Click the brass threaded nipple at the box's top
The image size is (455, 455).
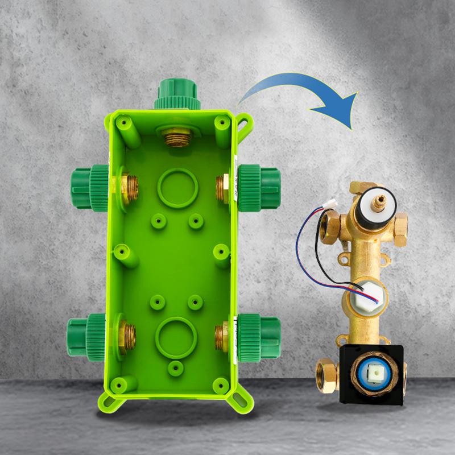click(x=177, y=137)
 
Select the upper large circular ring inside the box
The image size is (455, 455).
click(x=177, y=189)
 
